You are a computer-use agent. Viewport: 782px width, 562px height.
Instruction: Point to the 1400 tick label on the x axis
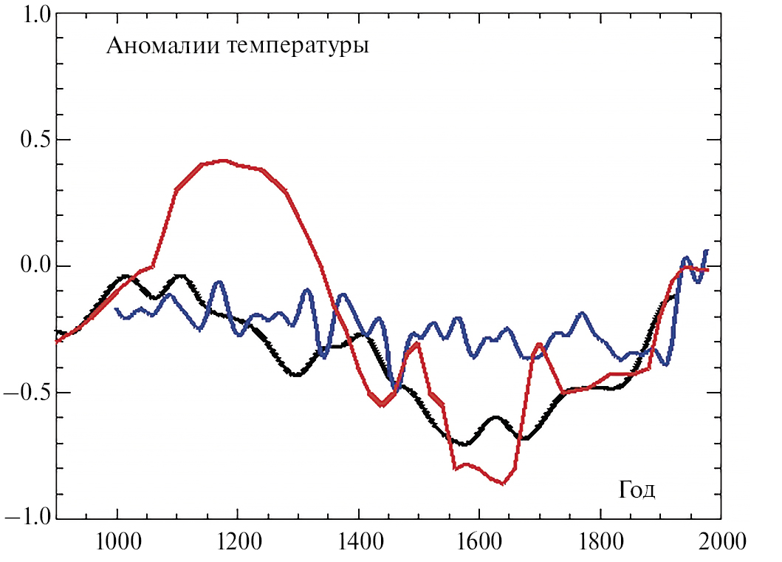pos(358,543)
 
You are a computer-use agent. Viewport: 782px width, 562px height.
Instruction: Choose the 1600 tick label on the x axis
pos(479,543)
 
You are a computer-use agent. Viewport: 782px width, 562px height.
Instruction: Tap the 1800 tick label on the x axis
pos(600,543)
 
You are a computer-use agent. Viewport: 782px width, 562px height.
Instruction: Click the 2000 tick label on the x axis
pos(720,543)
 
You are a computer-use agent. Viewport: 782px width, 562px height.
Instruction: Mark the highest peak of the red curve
pos(223,160)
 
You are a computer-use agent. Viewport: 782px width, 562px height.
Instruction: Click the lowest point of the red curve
pos(502,484)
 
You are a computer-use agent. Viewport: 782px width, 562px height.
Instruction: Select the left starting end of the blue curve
pos(116,308)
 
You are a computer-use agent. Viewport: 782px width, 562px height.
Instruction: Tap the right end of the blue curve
pos(707,251)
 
